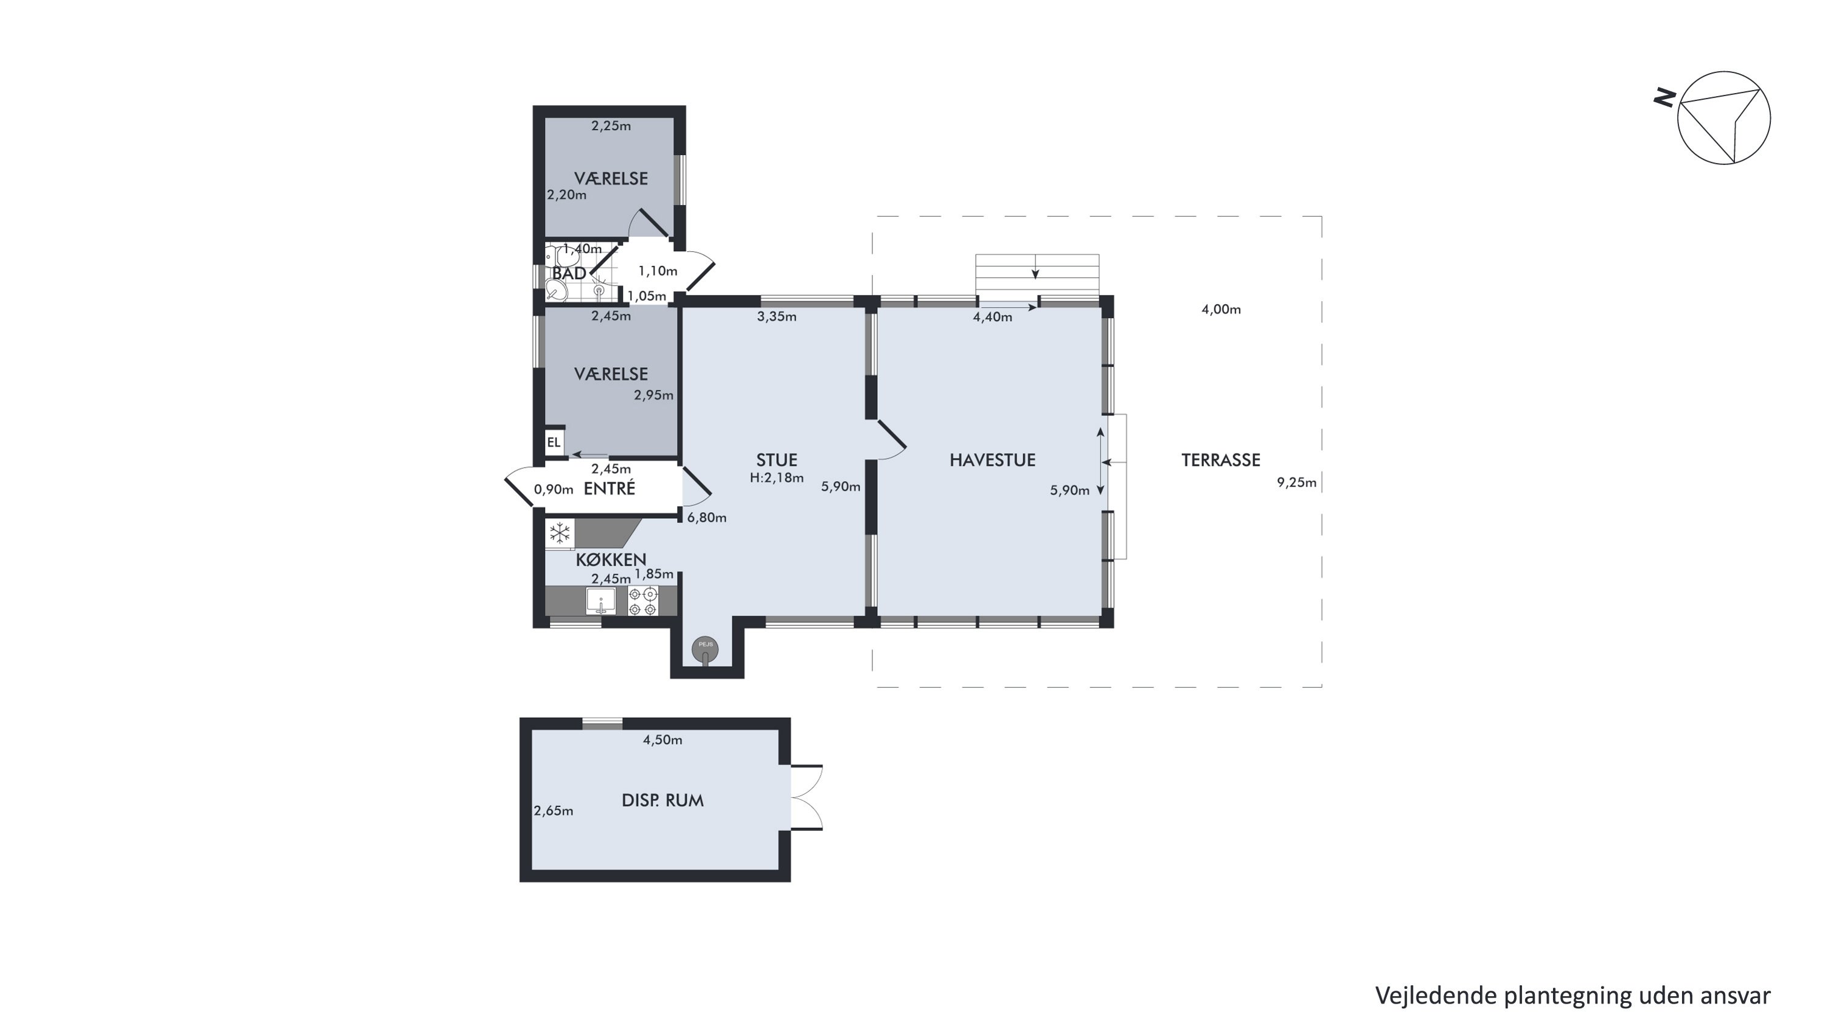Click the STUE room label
pyautogui.click(x=776, y=460)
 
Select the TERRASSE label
pyautogui.click(x=1221, y=460)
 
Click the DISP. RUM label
pyautogui.click(x=662, y=800)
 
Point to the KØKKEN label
pyautogui.click(x=611, y=560)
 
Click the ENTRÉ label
pyautogui.click(x=610, y=488)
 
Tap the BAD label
pyautogui.click(x=569, y=273)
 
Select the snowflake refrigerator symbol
pyautogui.click(x=560, y=533)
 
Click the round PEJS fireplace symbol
pyautogui.click(x=705, y=648)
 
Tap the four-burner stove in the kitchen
pyautogui.click(x=643, y=601)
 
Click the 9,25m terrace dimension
pyautogui.click(x=1296, y=483)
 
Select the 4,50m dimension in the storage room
pyautogui.click(x=662, y=740)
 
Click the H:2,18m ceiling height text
pyautogui.click(x=776, y=478)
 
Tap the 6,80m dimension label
pyautogui.click(x=706, y=518)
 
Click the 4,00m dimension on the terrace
pyautogui.click(x=1221, y=310)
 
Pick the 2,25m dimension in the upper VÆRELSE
pyautogui.click(x=611, y=126)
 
